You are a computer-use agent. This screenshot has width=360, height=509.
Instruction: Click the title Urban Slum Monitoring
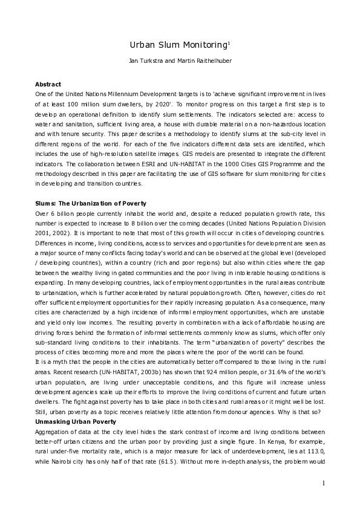(178, 45)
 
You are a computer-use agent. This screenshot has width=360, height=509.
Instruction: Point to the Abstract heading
(48, 84)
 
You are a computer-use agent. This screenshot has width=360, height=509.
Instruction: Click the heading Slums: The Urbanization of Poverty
(90, 204)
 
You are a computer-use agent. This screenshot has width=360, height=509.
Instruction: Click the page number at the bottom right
(323, 482)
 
